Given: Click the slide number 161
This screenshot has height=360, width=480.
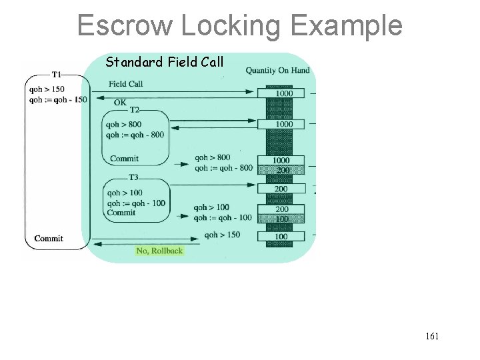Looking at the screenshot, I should click(431, 337).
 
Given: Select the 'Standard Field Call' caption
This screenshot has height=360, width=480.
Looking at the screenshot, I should click(165, 63).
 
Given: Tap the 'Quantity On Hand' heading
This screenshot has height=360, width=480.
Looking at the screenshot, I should click(277, 71).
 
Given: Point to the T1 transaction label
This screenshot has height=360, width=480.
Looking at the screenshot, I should click(57, 75).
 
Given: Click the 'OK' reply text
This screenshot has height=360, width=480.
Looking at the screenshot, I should click(120, 103).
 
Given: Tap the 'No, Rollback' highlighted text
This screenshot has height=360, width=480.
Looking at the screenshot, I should click(159, 251).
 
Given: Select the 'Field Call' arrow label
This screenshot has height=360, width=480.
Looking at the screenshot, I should click(125, 84).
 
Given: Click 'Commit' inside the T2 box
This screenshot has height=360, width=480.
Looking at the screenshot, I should click(124, 159).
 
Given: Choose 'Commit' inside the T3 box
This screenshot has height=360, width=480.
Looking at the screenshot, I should click(121, 213).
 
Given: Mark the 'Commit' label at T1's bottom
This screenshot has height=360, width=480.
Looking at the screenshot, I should click(48, 239).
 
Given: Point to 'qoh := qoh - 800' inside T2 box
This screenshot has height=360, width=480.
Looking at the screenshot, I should click(135, 135).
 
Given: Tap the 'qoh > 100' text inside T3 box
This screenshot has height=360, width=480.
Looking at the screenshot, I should click(125, 193).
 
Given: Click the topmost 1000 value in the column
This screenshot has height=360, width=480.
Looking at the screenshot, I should click(284, 93).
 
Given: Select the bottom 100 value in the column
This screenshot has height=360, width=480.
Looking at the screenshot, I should click(281, 237).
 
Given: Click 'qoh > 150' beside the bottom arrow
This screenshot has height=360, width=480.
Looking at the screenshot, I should click(222, 235).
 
